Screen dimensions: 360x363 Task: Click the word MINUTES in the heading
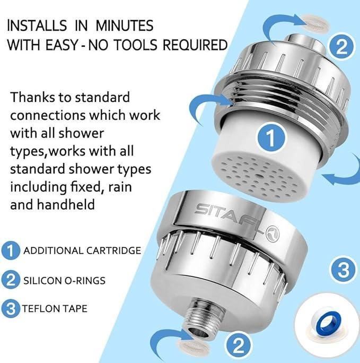125,25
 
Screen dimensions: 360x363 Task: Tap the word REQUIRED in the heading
195,45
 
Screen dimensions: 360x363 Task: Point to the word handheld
66,204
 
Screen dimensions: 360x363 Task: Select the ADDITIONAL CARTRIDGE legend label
82,250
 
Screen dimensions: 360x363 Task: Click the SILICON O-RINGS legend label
64,281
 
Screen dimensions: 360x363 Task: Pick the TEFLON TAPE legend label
55,308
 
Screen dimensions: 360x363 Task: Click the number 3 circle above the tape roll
344,270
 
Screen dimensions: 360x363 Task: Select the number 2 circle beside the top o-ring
341,46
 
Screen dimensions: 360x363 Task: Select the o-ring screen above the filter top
315,23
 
